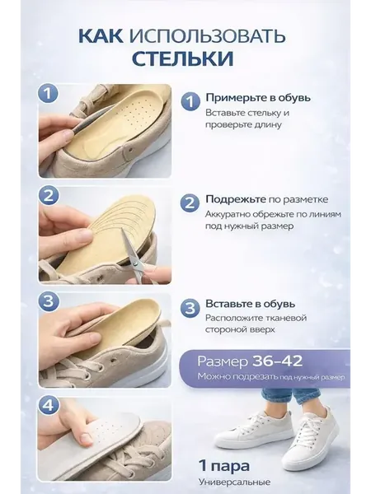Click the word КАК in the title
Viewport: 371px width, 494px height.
pyautogui.click(x=101, y=35)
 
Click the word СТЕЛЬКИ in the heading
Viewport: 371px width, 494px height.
pyautogui.click(x=183, y=58)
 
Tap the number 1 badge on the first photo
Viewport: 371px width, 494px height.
pyautogui.click(x=48, y=93)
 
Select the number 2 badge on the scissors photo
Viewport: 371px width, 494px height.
pyautogui.click(x=48, y=196)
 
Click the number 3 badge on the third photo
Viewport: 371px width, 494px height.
pyautogui.click(x=48, y=301)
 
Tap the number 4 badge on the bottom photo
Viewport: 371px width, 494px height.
pyautogui.click(x=48, y=406)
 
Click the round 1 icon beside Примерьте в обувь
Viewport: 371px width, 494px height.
pyautogui.click(x=190, y=101)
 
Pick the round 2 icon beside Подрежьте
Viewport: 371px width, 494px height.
pyautogui.click(x=190, y=203)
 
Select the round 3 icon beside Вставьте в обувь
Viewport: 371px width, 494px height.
pyautogui.click(x=190, y=307)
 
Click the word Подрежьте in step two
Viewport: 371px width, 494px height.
pyautogui.click(x=236, y=199)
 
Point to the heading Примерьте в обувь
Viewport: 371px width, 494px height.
pyautogui.click(x=258, y=98)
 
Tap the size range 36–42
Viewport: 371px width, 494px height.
pyautogui.click(x=277, y=361)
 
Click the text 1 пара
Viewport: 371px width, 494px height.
pyautogui.click(x=224, y=466)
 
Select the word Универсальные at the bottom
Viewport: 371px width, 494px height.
pyautogui.click(x=235, y=482)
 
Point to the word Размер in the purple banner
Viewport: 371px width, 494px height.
pyautogui.click(x=223, y=362)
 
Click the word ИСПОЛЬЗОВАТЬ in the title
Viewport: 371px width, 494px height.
pyautogui.click(x=207, y=35)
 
